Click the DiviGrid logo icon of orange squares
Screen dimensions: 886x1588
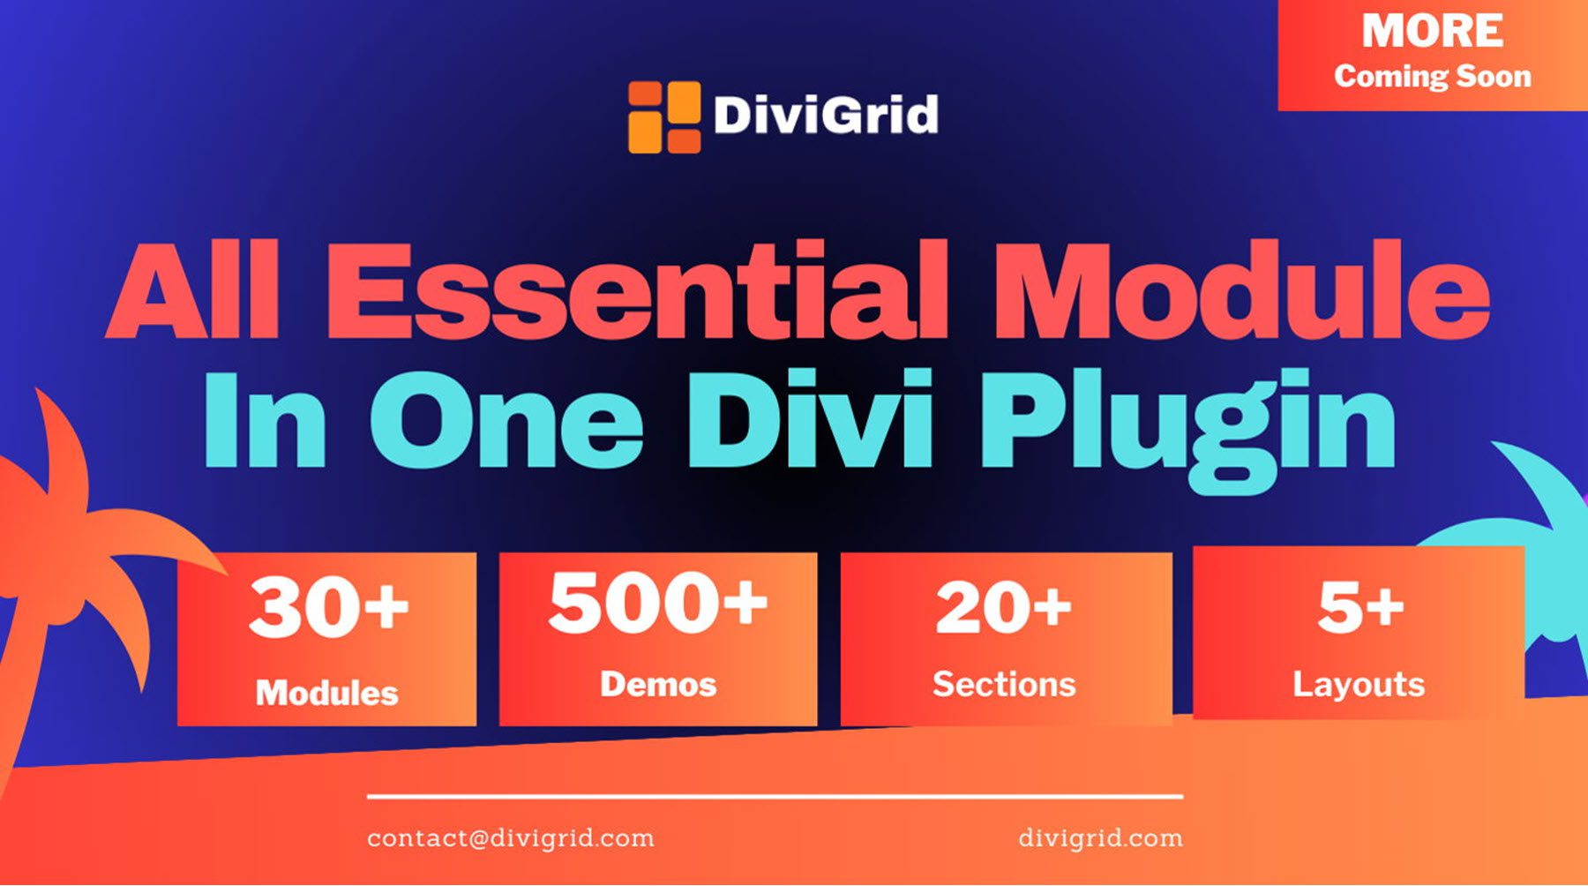(664, 117)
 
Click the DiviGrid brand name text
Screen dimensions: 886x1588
(825, 116)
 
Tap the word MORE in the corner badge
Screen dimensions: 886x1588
(1432, 32)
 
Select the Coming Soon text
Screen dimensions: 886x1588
(1432, 77)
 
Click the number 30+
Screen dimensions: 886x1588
(328, 607)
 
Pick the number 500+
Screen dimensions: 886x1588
(657, 603)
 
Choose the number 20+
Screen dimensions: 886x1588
(1004, 608)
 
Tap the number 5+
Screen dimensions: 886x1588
(1360, 608)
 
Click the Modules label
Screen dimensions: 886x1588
(327, 694)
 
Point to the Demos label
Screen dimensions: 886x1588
(658, 685)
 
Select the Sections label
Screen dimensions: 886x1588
(1004, 685)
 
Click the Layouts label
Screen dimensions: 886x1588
(1359, 685)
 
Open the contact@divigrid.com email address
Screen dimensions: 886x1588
(511, 837)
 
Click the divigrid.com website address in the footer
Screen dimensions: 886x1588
(1100, 837)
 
